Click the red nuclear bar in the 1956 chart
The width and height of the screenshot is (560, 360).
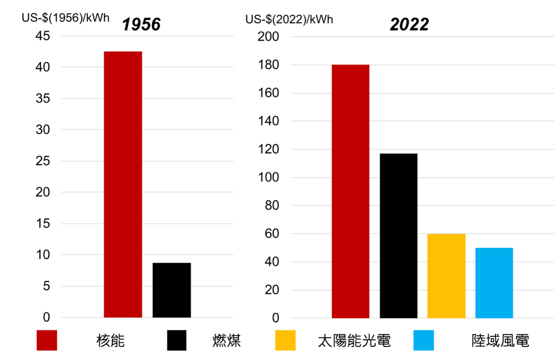[123, 184]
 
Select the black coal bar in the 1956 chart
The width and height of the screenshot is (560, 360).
[172, 290]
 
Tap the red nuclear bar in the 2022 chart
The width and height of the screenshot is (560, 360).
[350, 191]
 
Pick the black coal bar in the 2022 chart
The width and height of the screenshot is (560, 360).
[399, 236]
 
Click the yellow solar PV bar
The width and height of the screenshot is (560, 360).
[446, 276]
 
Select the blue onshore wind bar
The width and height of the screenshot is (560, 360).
[494, 283]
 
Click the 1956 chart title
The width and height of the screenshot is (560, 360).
[141, 24]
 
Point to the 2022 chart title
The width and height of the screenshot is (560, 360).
[409, 24]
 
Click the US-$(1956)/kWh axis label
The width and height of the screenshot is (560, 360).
[66, 18]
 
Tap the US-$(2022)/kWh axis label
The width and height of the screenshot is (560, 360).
[289, 19]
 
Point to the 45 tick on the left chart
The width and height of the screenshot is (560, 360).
[42, 36]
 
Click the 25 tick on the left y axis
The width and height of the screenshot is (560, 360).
[42, 161]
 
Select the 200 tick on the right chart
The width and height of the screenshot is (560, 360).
[268, 36]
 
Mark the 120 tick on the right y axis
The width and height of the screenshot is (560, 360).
[268, 149]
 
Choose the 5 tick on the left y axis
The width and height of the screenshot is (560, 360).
[46, 286]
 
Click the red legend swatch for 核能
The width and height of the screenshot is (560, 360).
[47, 340]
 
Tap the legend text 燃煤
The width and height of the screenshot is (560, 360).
[227, 341]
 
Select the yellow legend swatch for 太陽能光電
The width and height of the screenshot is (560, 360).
[285, 340]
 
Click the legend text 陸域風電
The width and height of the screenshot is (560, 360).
[500, 341]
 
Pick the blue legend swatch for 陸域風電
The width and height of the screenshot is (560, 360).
[424, 340]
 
